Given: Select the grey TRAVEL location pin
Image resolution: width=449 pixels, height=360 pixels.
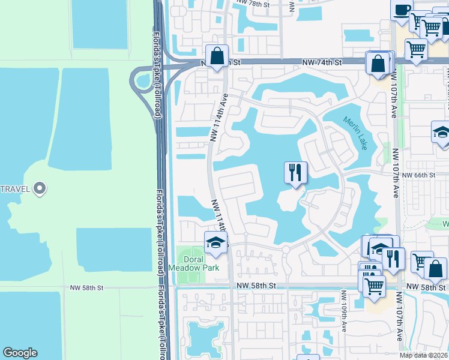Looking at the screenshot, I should pos(40,189).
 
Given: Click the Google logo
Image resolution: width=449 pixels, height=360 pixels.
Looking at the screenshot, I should pos(20,353).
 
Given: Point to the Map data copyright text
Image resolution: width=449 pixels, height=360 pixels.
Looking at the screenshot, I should pos(423,355).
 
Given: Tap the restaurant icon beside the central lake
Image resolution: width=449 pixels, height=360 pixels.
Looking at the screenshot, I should pos(295,173).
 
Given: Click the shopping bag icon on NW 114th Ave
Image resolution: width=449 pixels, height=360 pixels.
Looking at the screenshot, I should pos(217,56).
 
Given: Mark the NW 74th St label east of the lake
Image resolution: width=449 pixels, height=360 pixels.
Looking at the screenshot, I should pos(321,62).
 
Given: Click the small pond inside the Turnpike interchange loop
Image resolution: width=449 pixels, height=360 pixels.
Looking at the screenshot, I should pos(143,80).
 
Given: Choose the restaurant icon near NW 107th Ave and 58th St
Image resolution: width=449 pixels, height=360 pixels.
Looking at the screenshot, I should pos(393,259).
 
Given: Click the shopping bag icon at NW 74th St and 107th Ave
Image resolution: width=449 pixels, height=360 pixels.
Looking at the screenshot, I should pos(378,63).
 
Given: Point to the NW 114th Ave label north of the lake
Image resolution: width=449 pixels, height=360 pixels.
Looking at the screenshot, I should pos(219,118).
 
